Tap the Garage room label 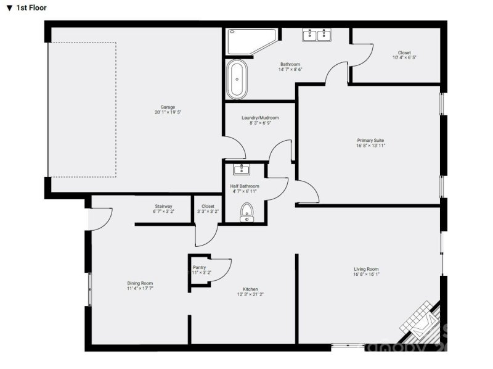(160, 107)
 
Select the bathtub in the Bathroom (237, 79)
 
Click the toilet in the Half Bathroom (247, 212)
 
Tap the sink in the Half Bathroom (241, 170)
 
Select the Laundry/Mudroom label (260, 118)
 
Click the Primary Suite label (370, 140)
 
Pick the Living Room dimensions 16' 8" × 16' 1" (366, 275)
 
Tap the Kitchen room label (250, 289)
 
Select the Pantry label (200, 267)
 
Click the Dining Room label (140, 283)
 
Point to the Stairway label (163, 206)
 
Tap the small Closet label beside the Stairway (208, 206)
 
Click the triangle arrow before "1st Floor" (9, 8)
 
